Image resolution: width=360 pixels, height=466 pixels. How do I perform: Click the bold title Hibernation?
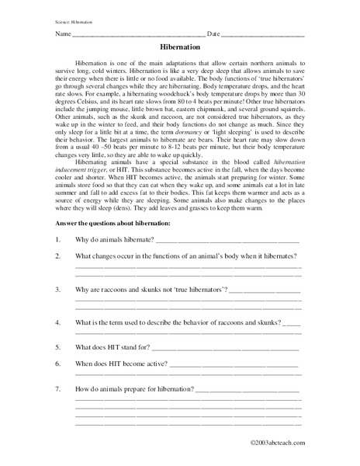click(180, 47)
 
